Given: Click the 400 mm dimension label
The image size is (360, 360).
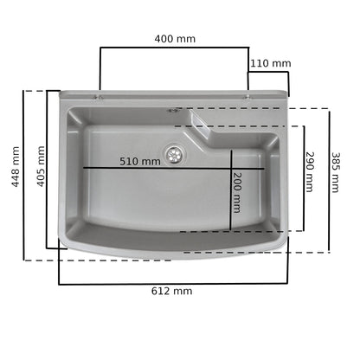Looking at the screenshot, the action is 175,39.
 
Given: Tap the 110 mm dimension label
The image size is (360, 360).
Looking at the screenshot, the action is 270,63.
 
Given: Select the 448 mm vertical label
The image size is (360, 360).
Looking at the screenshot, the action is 16,166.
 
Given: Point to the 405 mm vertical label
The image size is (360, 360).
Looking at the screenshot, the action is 41,166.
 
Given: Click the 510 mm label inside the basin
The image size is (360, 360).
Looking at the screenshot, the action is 140,161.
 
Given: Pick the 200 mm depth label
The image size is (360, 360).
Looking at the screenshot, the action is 236,192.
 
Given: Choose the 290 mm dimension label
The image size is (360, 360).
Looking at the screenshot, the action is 309,172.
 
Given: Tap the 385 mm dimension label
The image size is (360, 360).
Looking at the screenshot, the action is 335,172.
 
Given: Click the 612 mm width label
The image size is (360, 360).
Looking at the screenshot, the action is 171,291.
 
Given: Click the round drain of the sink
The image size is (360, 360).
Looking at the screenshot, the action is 175,154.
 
